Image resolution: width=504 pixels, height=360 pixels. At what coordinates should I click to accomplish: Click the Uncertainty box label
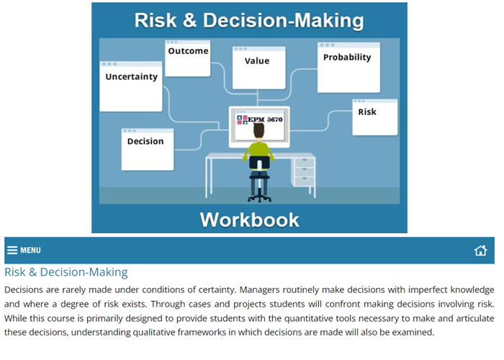(131, 77)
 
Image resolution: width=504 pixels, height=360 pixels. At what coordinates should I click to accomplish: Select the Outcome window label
(188, 51)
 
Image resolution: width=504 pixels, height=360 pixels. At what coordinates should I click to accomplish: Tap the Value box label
(257, 61)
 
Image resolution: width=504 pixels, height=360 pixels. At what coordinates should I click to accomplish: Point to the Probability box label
(347, 58)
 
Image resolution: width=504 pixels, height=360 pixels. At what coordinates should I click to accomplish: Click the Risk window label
(367, 112)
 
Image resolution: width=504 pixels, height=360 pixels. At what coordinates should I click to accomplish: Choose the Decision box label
(145, 141)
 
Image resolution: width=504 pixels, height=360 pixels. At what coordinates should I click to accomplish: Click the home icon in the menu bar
(480, 251)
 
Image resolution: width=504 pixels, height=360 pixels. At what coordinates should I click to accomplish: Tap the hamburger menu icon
(12, 251)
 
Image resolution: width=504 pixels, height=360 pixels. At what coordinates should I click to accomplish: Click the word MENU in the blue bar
(30, 251)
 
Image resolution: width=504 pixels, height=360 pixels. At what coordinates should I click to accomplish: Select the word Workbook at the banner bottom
(249, 220)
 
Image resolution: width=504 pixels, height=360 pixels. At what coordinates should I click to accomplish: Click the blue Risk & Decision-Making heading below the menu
(66, 272)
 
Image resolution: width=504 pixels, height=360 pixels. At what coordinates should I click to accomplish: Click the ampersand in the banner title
(186, 21)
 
